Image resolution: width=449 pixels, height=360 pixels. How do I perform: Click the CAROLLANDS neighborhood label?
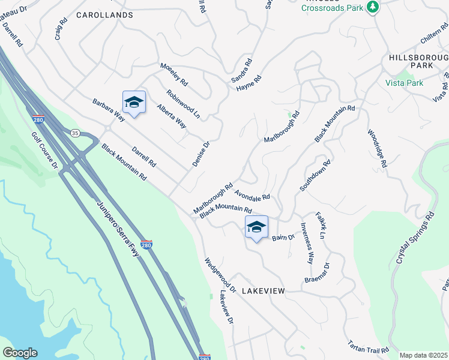104,14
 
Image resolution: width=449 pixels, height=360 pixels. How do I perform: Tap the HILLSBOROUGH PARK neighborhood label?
418,61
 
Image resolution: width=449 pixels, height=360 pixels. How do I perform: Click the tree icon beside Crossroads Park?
373,7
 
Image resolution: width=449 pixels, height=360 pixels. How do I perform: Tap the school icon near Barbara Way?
134,103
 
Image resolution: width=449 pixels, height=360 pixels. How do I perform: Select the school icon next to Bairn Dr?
256,227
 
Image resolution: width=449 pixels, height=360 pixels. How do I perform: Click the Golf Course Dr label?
44,149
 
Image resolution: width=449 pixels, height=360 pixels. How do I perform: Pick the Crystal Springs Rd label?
414,236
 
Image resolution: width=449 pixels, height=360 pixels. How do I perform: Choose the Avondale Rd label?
252,195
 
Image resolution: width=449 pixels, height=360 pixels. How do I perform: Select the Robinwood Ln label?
183,102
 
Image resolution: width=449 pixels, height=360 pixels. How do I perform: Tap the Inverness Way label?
307,244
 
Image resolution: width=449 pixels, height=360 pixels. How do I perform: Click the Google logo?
20,353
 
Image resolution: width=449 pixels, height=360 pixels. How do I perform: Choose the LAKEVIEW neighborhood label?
263,290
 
